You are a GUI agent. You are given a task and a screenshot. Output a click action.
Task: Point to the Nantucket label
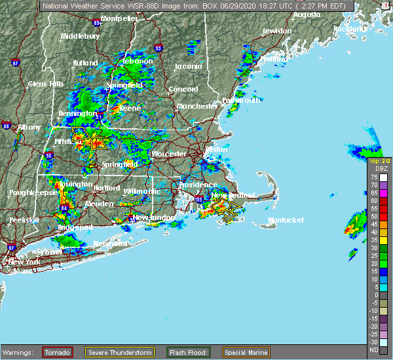click(x=286, y=220)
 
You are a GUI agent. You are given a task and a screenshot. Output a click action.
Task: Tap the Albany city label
click(x=29, y=127)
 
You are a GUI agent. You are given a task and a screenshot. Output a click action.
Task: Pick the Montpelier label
click(x=119, y=18)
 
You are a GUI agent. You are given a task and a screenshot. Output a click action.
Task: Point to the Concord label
click(x=183, y=89)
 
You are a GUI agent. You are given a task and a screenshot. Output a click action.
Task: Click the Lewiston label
click(x=276, y=31)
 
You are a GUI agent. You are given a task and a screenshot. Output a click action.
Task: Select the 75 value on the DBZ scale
click(x=374, y=177)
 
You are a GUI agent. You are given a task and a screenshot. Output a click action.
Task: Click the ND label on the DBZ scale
click(x=374, y=350)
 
